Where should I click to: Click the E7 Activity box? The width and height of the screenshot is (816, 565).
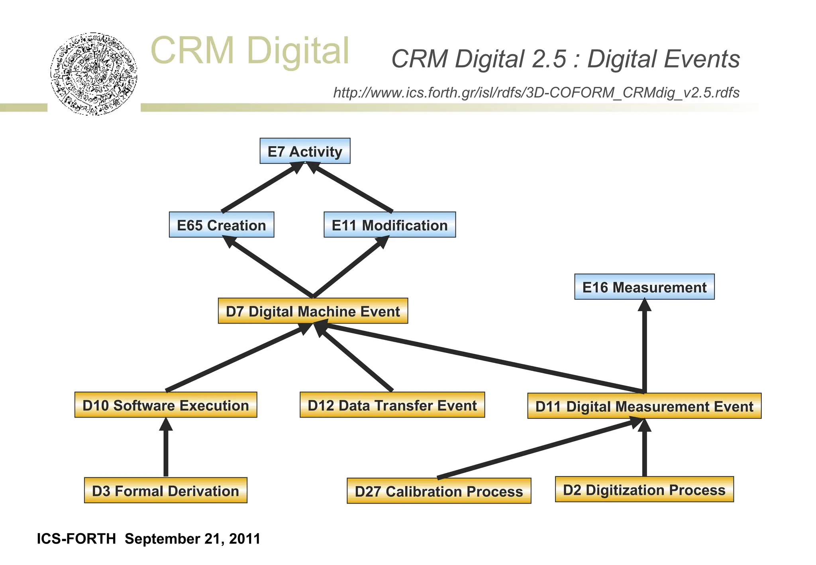[305, 151]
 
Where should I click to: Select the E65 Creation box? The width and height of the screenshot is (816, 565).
[222, 225]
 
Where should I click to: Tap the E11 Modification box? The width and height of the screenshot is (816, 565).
[389, 225]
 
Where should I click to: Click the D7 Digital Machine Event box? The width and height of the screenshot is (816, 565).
[313, 311]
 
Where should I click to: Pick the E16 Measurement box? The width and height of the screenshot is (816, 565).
[644, 287]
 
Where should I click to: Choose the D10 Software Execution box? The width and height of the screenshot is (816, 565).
[166, 405]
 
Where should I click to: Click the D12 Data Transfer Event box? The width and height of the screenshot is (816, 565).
[392, 405]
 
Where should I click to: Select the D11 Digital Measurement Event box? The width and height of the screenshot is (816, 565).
[644, 406]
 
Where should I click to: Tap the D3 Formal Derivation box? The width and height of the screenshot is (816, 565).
[165, 490]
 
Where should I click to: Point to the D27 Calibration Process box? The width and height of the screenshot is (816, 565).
[439, 491]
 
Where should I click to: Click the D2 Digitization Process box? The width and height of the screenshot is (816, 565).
[644, 489]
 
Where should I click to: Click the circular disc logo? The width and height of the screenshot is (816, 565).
[94, 74]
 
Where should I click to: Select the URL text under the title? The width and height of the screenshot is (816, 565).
[536, 92]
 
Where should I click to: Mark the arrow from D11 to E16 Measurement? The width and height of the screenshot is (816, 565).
[644, 347]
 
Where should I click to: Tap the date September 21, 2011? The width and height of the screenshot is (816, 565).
[192, 539]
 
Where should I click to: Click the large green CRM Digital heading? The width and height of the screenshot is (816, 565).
[250, 51]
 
